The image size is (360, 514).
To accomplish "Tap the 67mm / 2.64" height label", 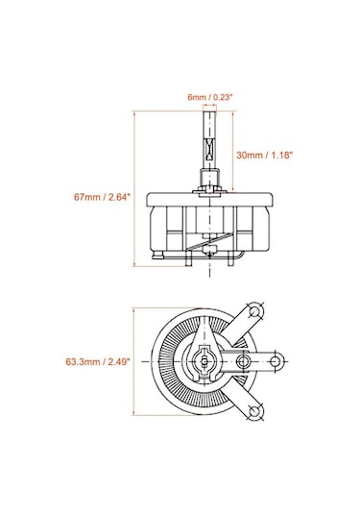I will [x=99, y=197].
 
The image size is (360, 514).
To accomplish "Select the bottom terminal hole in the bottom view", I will [x=255, y=412].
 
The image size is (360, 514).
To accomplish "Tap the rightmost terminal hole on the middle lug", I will [x=277, y=362].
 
